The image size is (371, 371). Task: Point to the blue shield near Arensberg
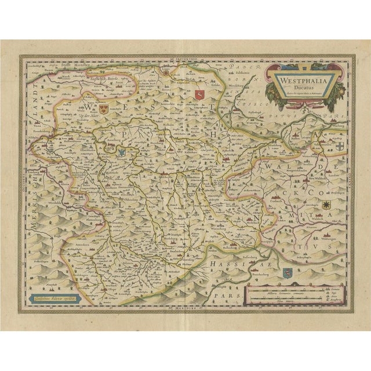pos(122,153)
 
